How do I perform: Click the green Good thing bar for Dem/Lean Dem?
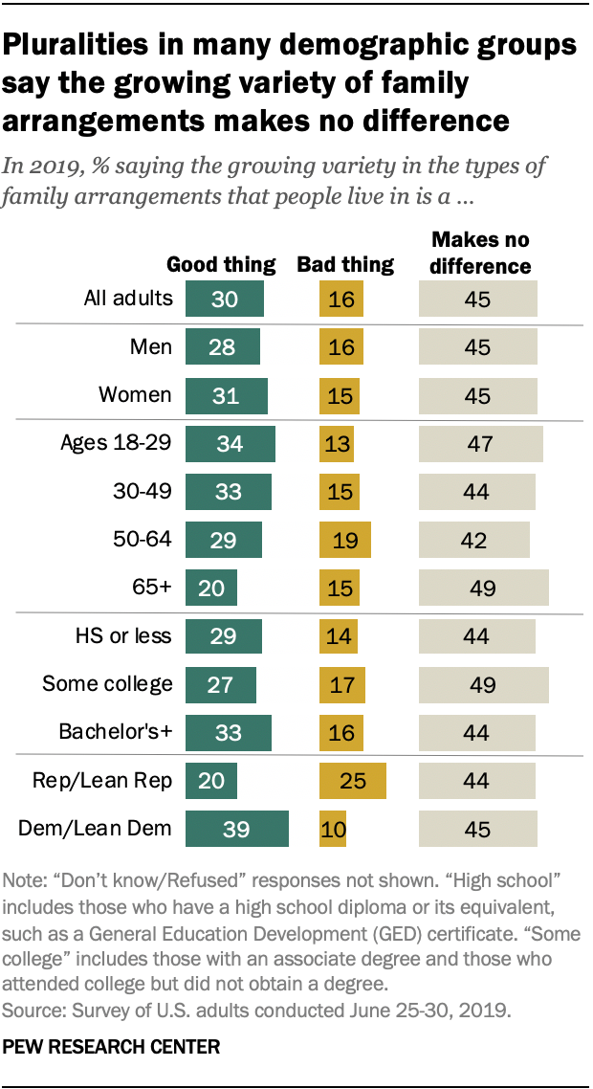pos(236,829)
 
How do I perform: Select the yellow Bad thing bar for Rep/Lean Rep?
pos(352,780)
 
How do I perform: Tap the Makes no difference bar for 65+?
pos(483,588)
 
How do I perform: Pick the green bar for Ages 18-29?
pos(230,444)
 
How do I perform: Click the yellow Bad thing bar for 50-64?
pos(344,540)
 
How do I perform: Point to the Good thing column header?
pos(221,264)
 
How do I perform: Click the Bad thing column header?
pos(345,264)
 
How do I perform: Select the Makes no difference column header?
pos(479,253)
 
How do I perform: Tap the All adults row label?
pos(127,298)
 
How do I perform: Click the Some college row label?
pos(107,683)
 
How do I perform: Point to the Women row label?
pos(135,394)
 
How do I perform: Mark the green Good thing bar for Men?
pos(222,346)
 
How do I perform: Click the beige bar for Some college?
pos(483,684)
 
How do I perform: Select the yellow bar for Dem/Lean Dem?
pos(332,829)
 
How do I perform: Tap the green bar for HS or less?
pos(223,636)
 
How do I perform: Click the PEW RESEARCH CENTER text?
pos(111,1047)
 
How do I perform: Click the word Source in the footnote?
pos(32,1009)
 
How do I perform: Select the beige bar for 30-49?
pos(476,492)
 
